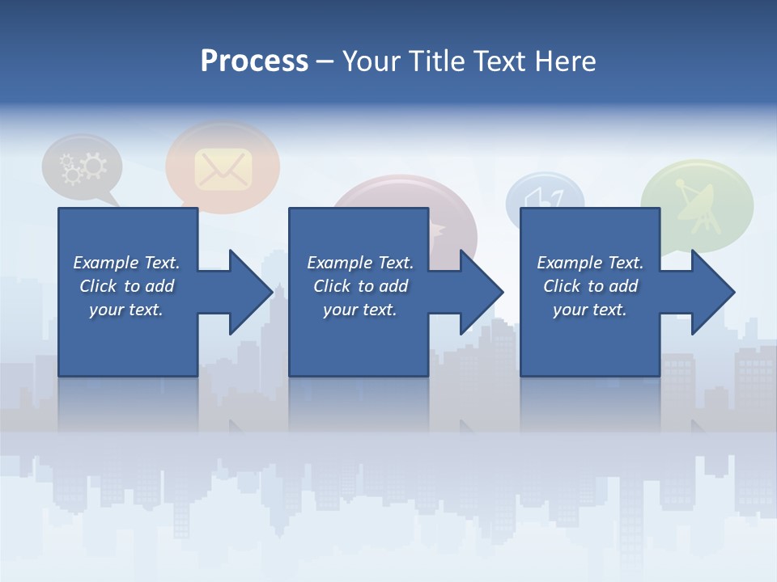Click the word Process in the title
tap(254, 61)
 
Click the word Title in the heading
tap(434, 61)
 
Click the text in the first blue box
tap(126, 286)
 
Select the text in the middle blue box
tap(359, 286)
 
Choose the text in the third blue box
tap(589, 286)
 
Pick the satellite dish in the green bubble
tap(695, 203)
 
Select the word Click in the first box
tap(98, 286)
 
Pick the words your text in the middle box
tap(359, 310)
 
